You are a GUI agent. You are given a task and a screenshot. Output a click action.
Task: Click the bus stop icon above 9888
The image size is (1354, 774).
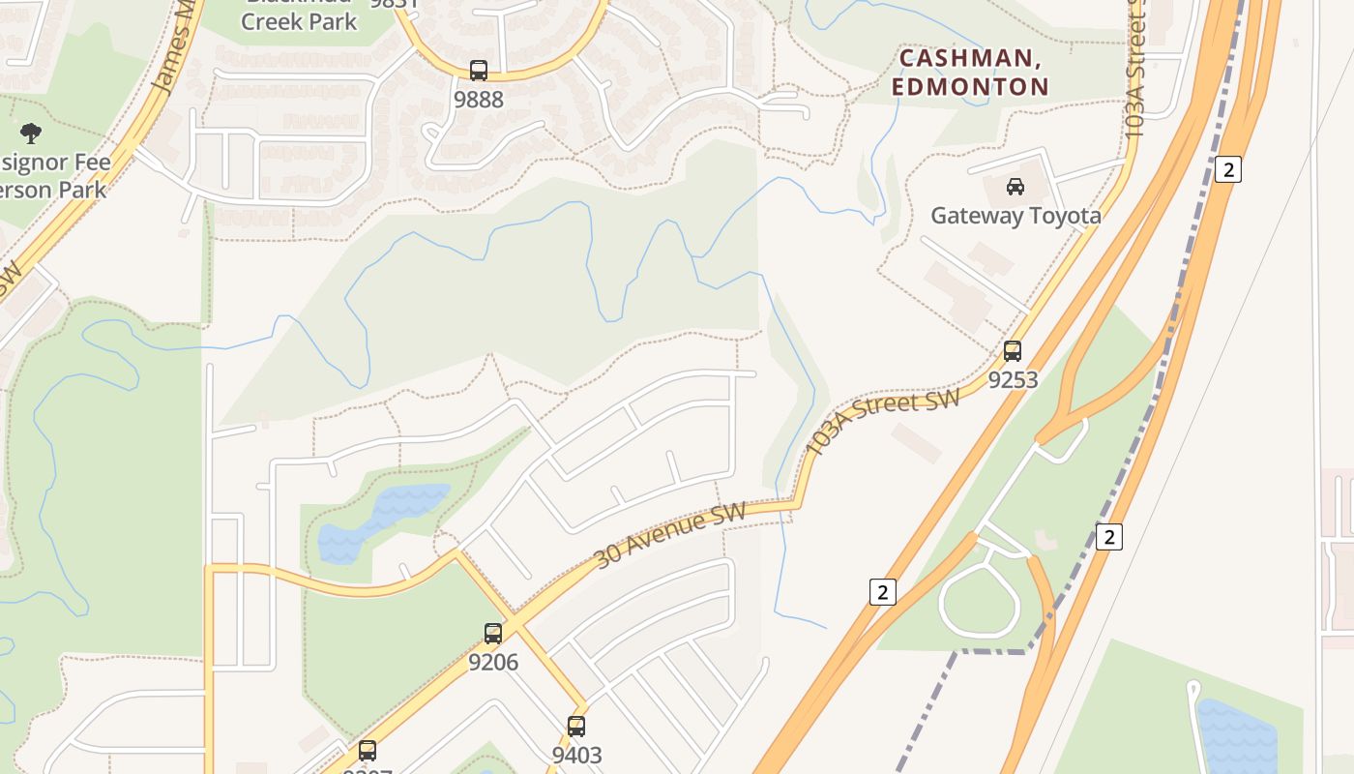(479, 71)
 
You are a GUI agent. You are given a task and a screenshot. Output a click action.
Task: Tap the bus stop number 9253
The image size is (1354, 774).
(1013, 380)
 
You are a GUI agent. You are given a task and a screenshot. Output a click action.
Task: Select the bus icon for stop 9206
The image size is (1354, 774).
(493, 634)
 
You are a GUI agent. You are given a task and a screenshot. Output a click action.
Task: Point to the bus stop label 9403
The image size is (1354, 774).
(576, 756)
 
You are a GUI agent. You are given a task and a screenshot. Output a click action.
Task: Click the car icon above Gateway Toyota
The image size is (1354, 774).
(1015, 187)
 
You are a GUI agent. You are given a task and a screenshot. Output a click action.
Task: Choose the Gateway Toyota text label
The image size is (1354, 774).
(1015, 215)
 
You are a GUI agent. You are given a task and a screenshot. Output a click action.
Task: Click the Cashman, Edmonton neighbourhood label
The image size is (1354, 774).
(970, 73)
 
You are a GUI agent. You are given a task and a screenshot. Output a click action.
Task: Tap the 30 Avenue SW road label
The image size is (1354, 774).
(670, 536)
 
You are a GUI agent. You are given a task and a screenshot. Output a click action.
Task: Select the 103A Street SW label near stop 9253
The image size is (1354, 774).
(882, 422)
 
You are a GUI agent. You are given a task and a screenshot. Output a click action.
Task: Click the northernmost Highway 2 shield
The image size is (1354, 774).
(1227, 169)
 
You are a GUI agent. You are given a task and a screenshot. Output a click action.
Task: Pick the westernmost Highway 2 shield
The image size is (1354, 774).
(882, 592)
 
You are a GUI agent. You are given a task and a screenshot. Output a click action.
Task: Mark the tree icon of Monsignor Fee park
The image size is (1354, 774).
(31, 133)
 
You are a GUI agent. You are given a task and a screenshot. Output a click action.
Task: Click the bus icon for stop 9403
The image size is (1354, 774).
(576, 727)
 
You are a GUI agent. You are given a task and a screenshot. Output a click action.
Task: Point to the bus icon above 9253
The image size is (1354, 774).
(1013, 351)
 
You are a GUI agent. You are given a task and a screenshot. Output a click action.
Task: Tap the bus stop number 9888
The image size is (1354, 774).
(479, 100)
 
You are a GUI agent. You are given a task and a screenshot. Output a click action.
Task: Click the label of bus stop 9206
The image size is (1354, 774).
(493, 663)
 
